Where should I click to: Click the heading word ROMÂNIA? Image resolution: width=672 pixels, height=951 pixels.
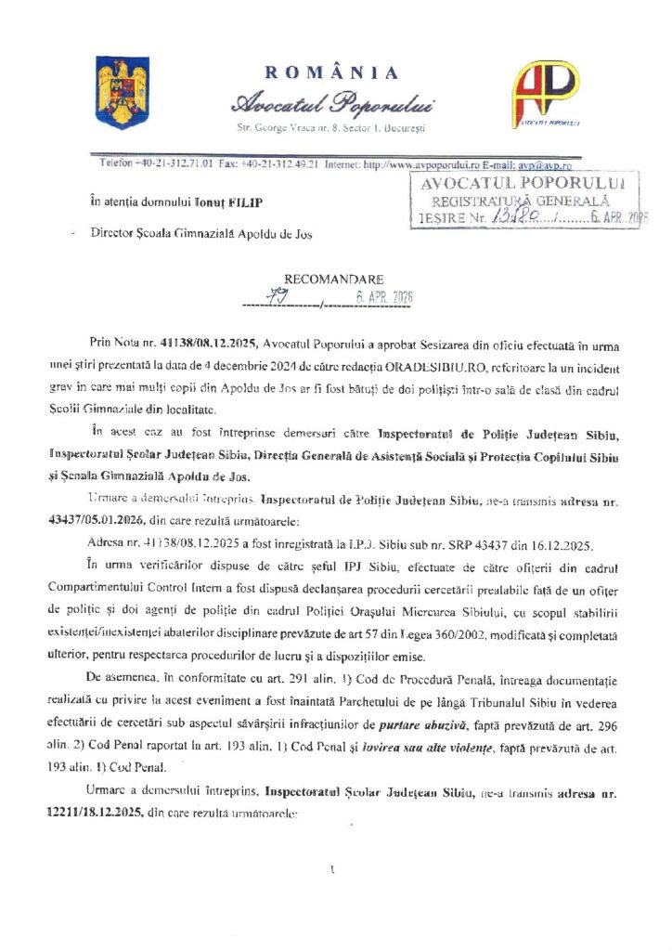(332, 73)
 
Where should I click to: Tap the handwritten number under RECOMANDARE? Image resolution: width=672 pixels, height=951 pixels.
(275, 296)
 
